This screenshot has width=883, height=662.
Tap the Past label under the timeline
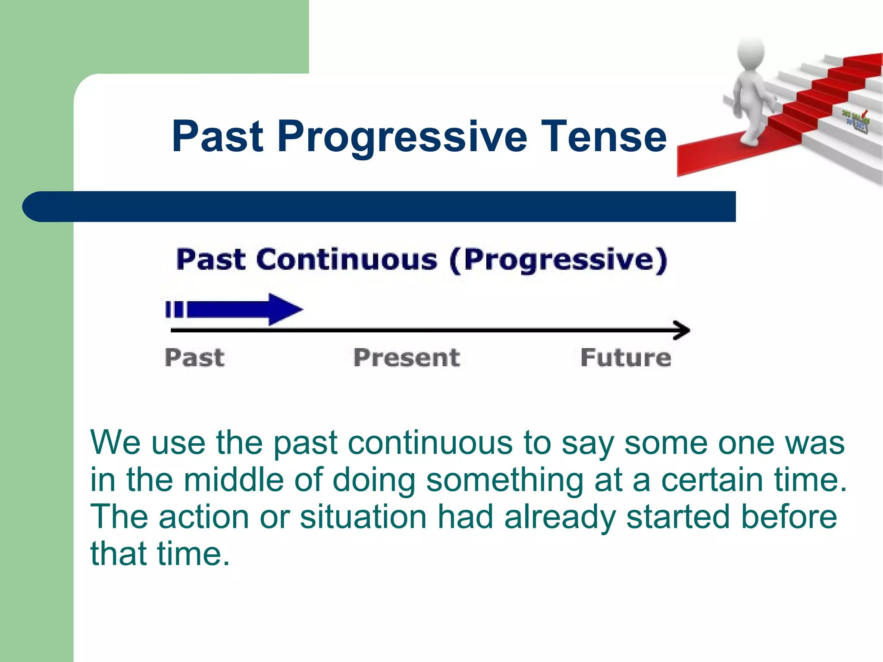click(x=194, y=358)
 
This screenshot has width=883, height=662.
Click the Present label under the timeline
click(x=407, y=358)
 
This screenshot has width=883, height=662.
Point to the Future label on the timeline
click(x=626, y=358)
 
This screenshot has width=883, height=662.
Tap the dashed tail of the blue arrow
click(x=174, y=309)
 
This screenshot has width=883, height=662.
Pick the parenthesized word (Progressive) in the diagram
click(x=558, y=260)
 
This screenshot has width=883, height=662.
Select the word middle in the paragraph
click(x=234, y=480)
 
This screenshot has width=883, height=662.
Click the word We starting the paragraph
click(x=115, y=443)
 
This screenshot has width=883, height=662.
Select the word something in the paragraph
click(x=504, y=480)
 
